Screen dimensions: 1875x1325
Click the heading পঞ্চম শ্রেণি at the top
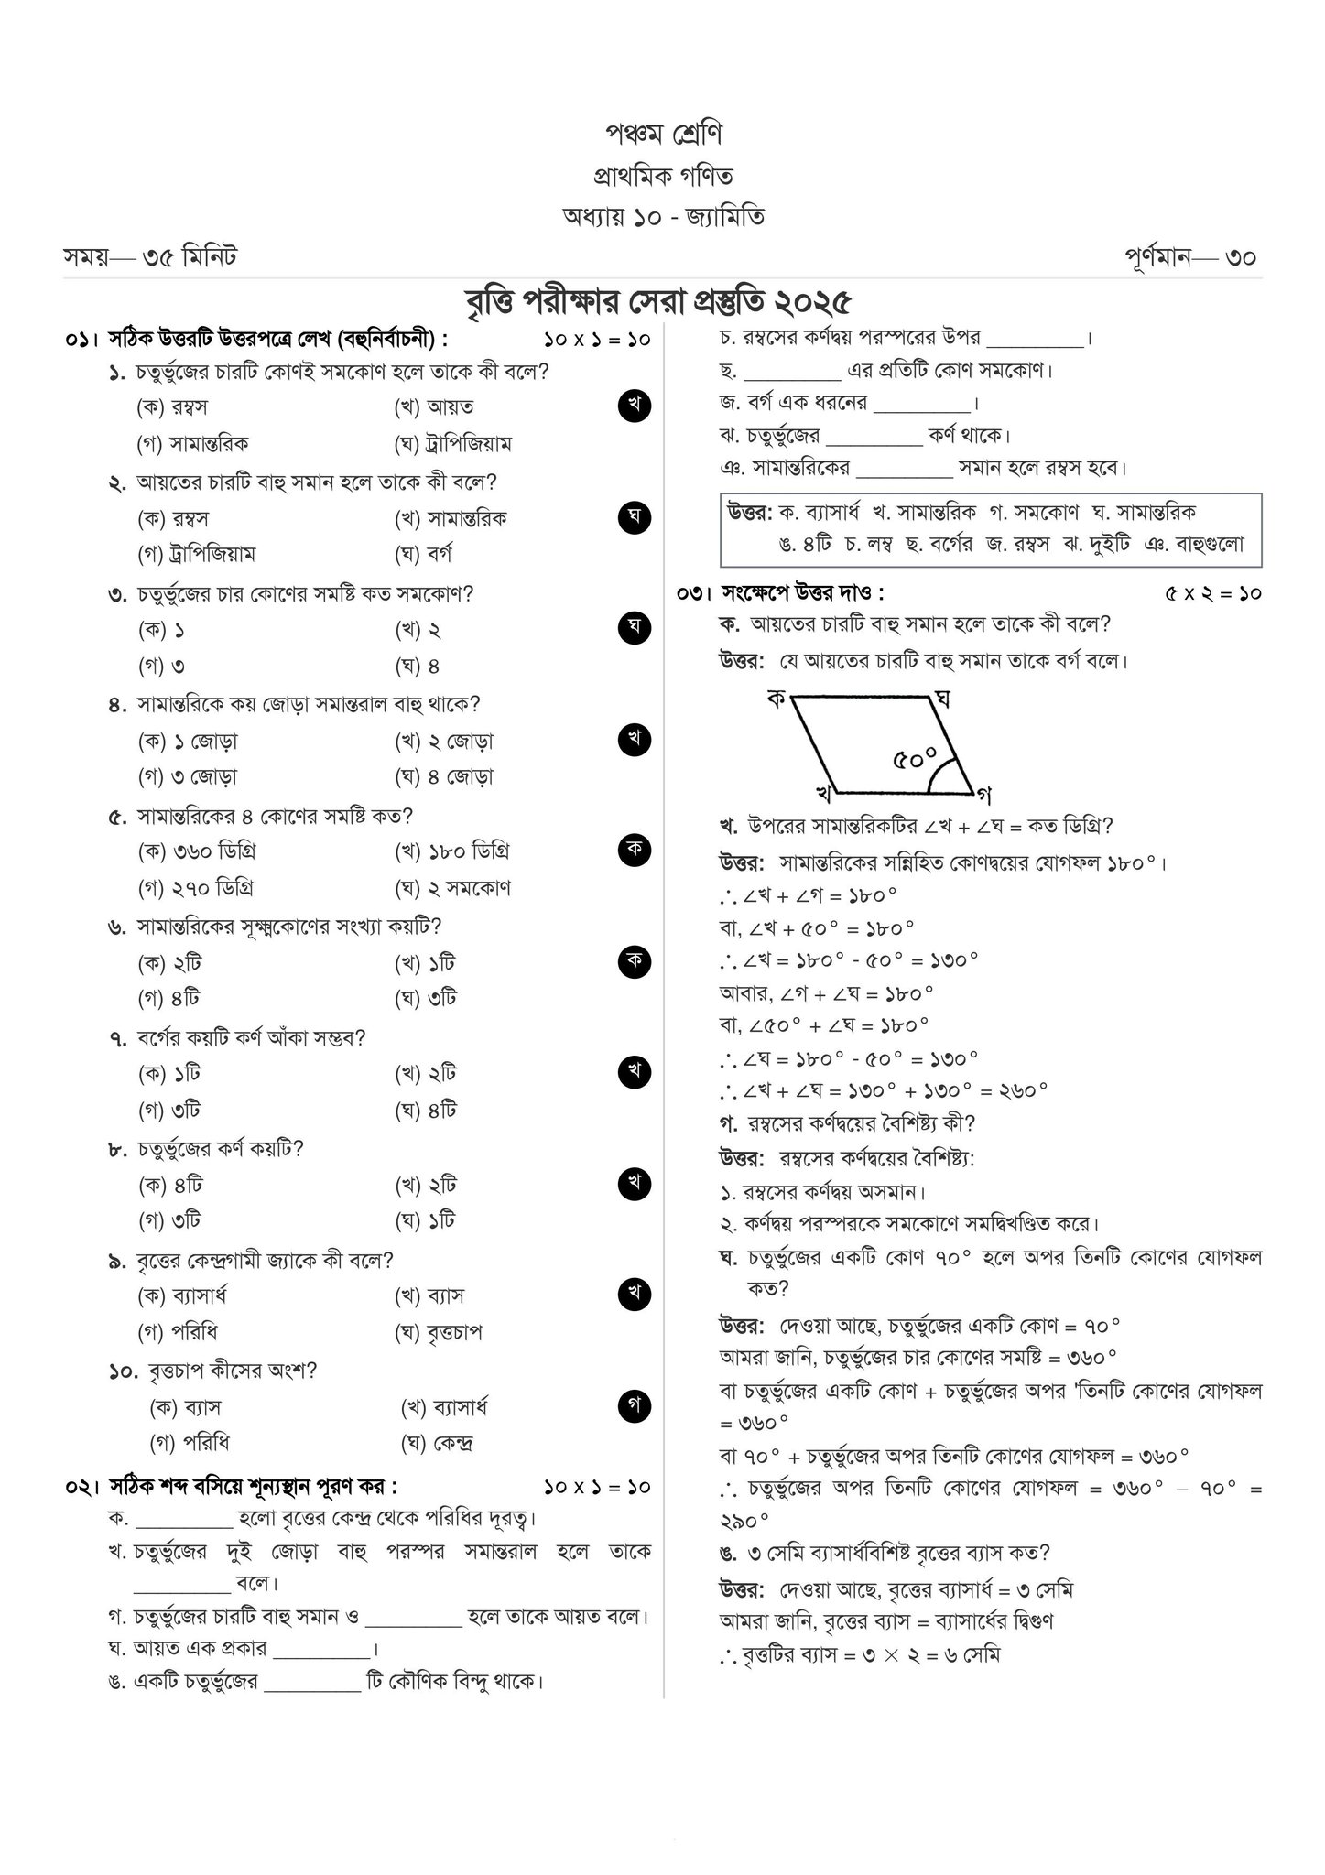[663, 135]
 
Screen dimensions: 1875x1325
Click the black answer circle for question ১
[634, 406]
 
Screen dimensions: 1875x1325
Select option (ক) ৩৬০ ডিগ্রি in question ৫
[196, 851]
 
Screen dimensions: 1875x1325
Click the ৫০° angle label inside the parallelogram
[916, 758]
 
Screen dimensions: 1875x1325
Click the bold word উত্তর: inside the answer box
[750, 512]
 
